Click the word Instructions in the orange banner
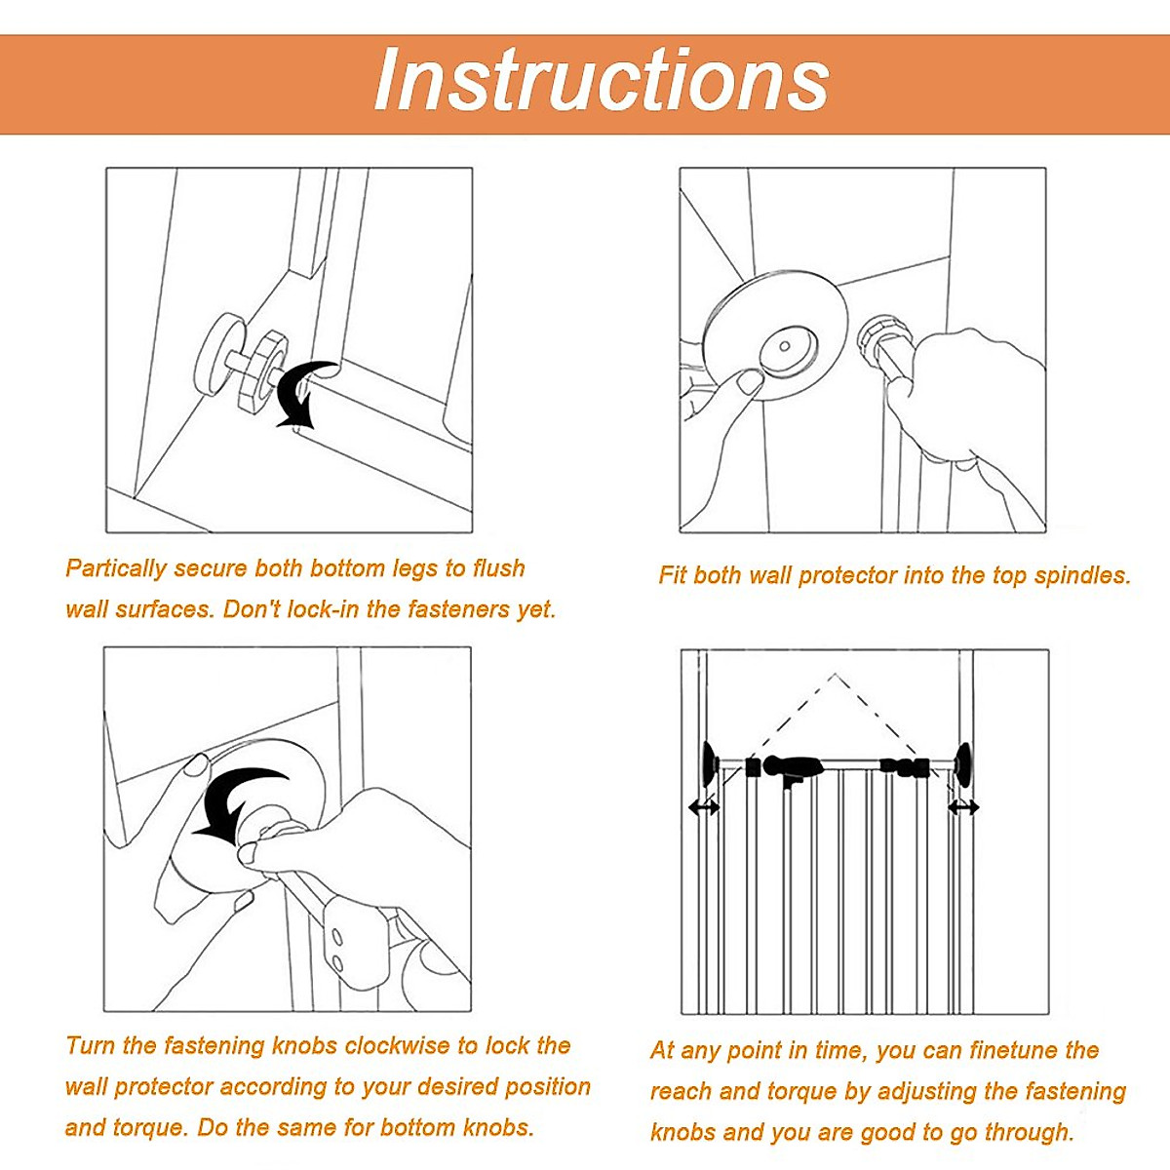(602, 81)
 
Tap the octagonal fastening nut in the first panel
(260, 370)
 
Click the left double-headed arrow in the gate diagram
(704, 807)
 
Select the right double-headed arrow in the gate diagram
(963, 807)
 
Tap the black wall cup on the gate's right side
(963, 764)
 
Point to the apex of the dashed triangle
(835, 675)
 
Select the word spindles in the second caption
(1082, 575)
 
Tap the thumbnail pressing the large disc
(750, 382)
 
